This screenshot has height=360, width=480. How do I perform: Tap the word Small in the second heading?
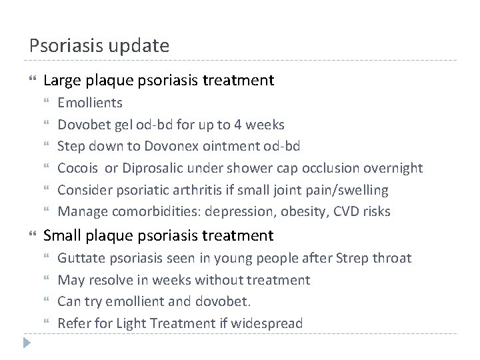pos(61,235)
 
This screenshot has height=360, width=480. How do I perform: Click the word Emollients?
pos(90,103)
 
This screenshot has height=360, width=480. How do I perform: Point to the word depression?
pos(244,212)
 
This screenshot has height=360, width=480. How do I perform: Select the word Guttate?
pos(79,258)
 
